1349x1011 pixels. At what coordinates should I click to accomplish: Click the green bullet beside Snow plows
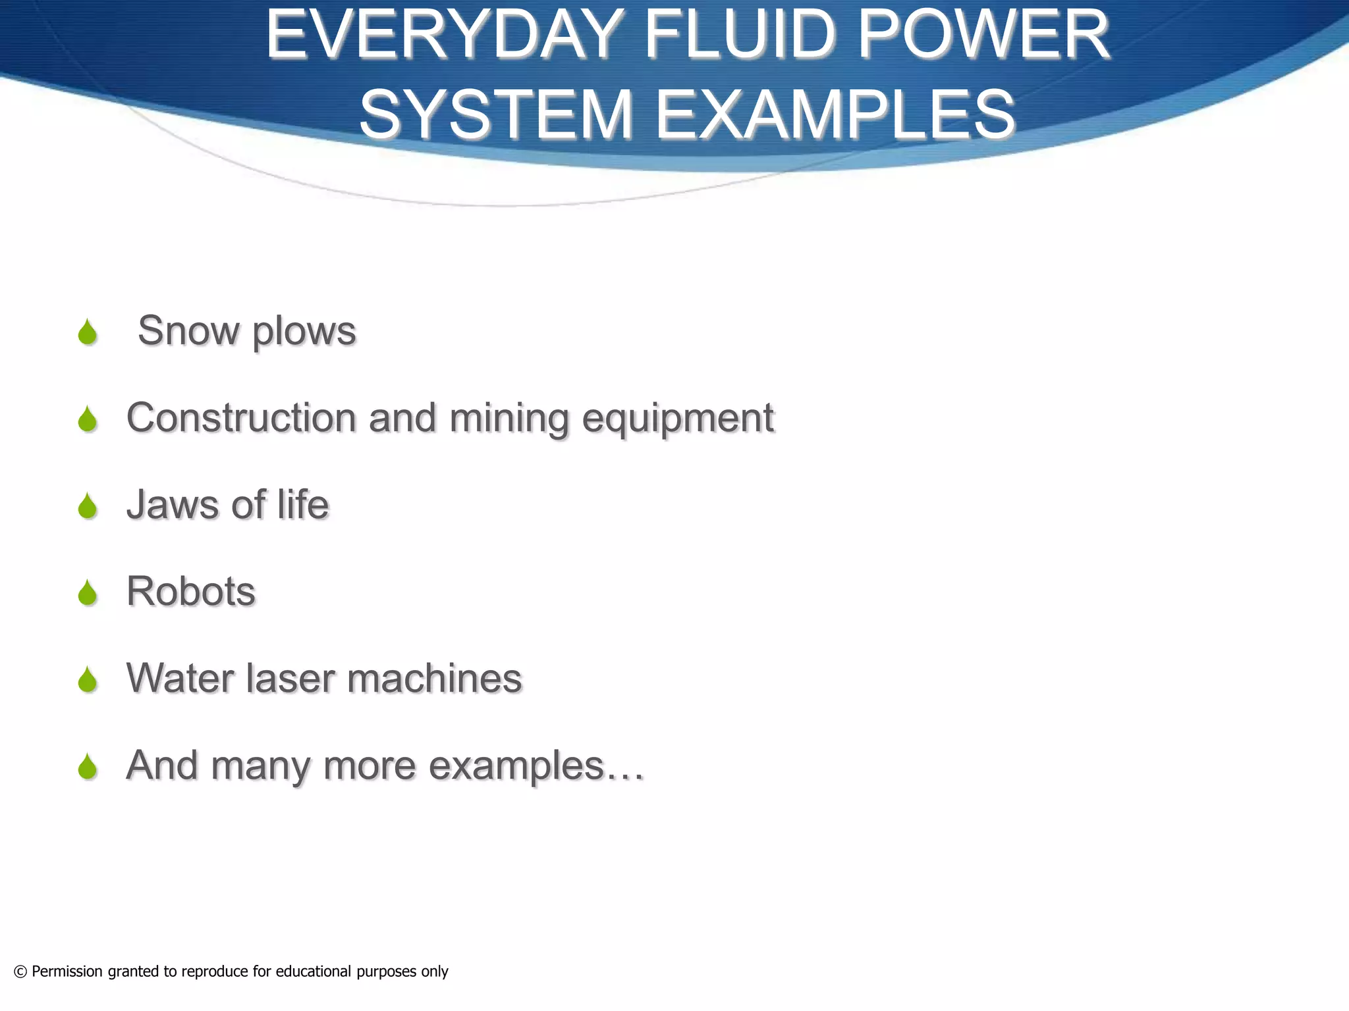coord(87,332)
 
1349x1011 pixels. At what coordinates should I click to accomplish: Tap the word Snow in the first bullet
coord(188,330)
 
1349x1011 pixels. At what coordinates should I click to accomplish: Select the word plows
coord(304,332)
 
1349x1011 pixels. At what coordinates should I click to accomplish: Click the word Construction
coord(241,417)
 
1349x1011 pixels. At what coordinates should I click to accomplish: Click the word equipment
coord(678,419)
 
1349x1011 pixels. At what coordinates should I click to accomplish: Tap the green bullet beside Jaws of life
coord(87,506)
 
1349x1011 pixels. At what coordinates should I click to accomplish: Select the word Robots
coord(191,591)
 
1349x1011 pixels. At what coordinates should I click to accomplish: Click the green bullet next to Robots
coord(87,593)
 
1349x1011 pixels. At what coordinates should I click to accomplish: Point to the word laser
coord(290,678)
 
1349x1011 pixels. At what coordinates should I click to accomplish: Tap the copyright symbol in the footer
coord(20,972)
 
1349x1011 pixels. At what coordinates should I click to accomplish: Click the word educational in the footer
coord(314,972)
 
